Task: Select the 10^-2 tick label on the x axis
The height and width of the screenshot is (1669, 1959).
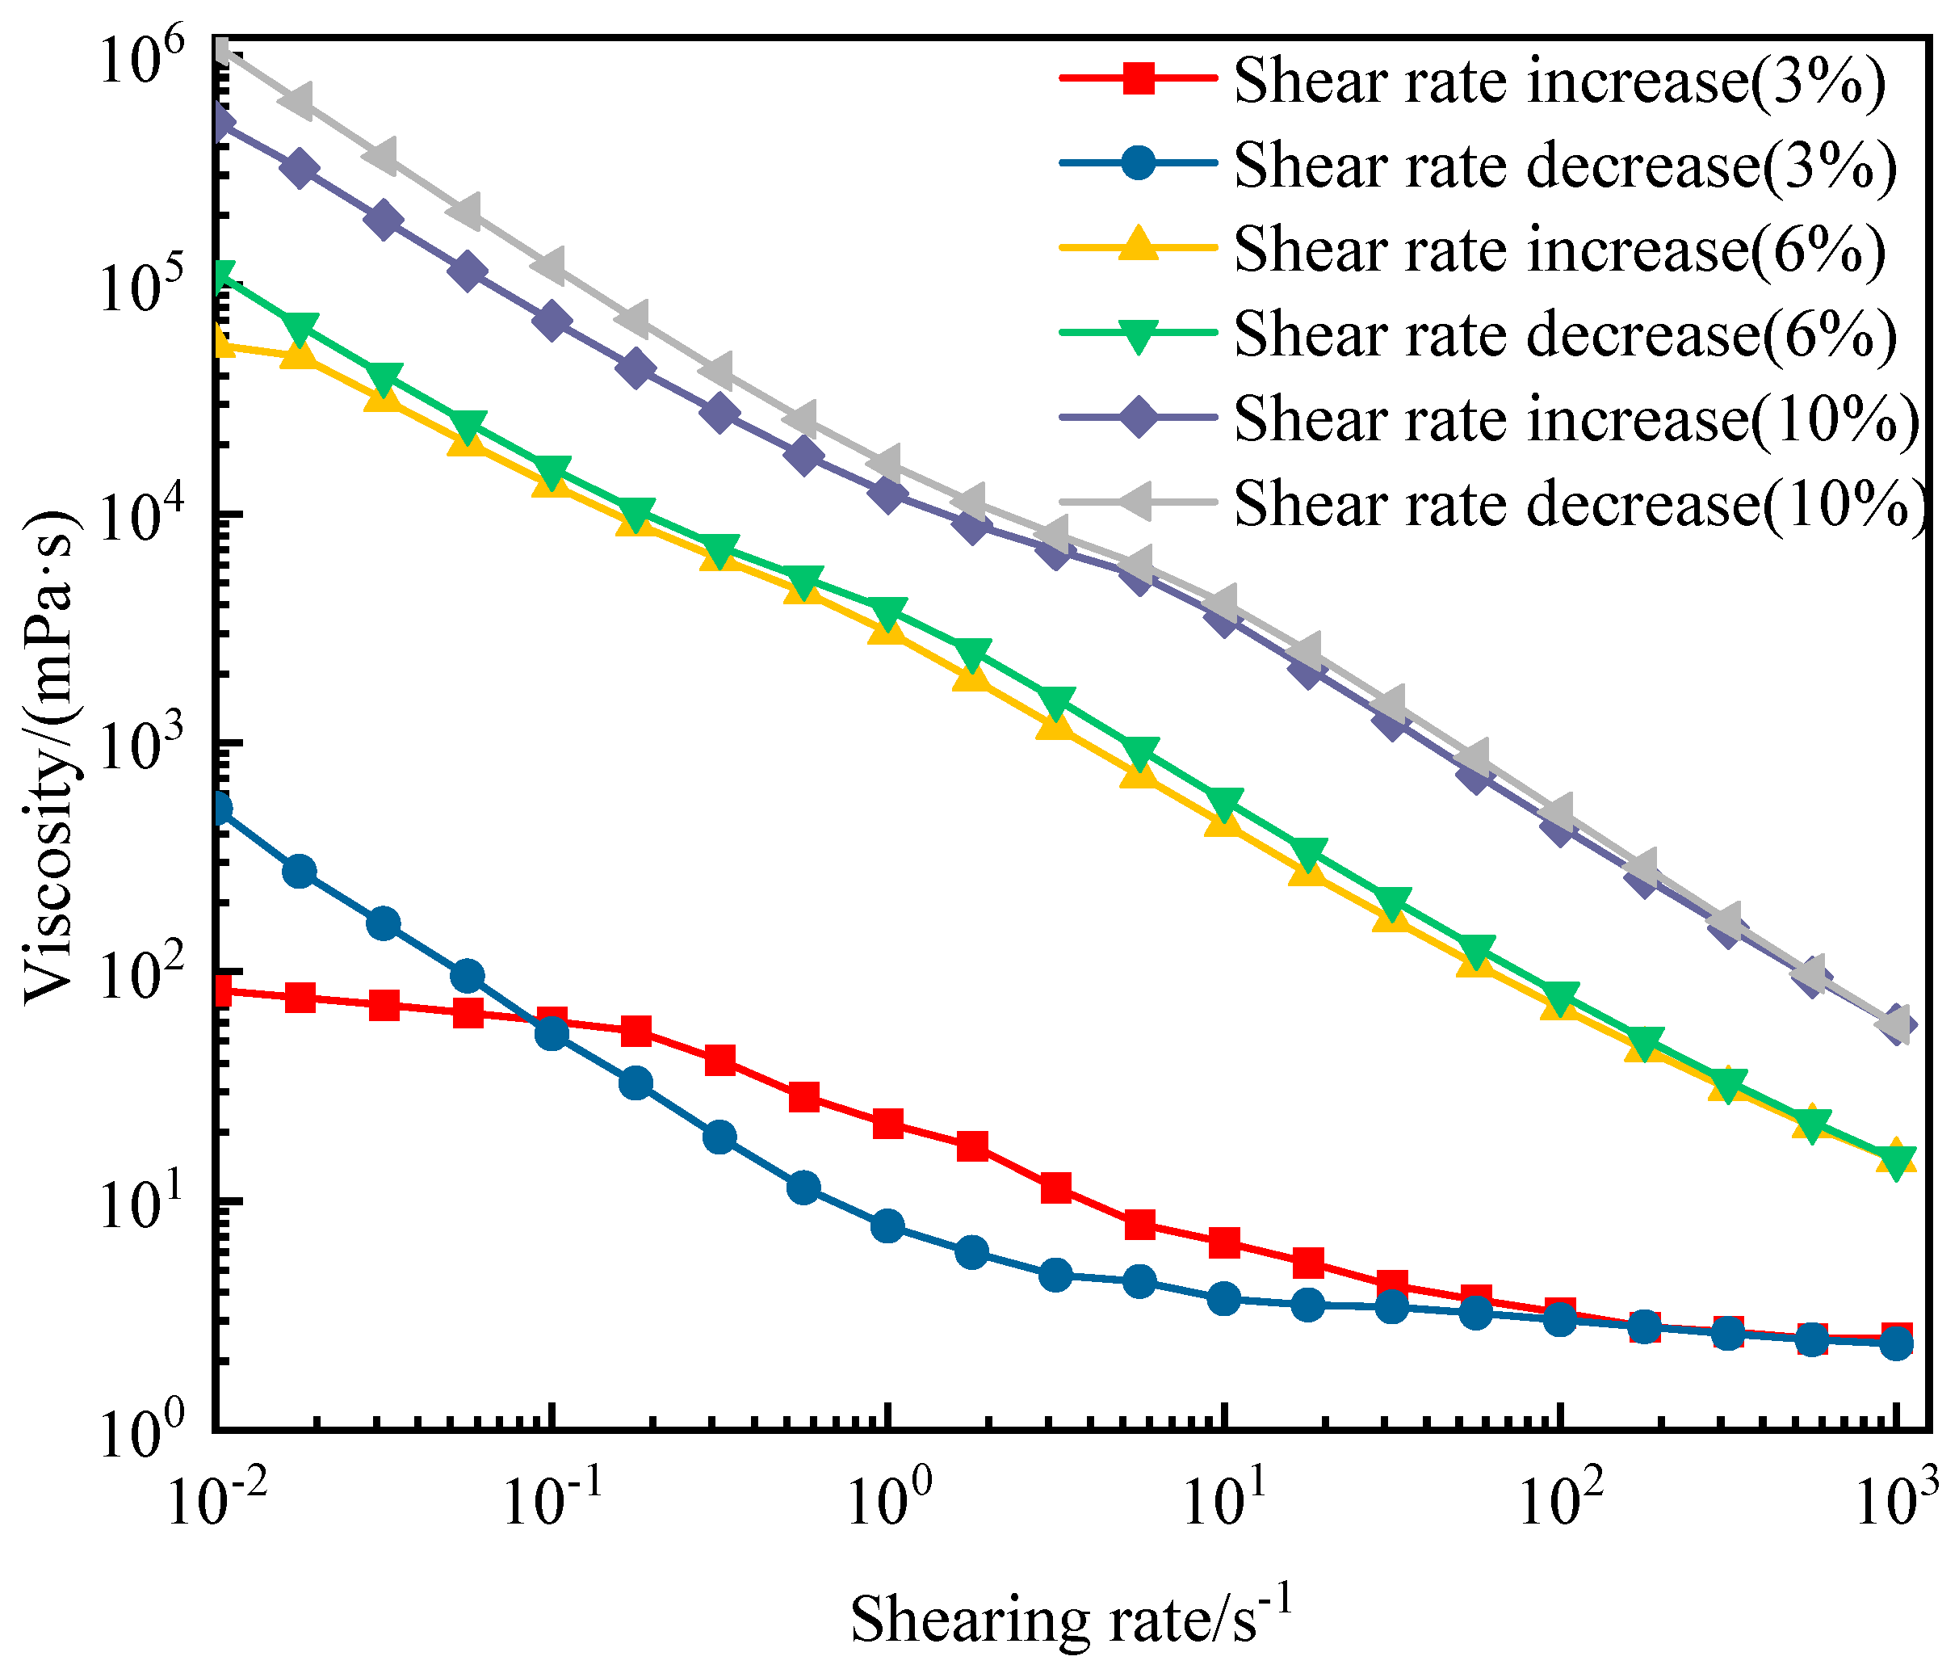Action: click(x=216, y=1502)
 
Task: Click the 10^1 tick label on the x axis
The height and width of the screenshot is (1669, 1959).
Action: click(x=1224, y=1502)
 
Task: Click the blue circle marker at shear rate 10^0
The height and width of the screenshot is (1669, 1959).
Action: click(x=887, y=1226)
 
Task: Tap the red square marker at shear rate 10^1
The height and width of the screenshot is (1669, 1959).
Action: click(x=1224, y=1242)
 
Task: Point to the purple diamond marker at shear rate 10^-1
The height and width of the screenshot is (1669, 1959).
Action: click(x=552, y=322)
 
